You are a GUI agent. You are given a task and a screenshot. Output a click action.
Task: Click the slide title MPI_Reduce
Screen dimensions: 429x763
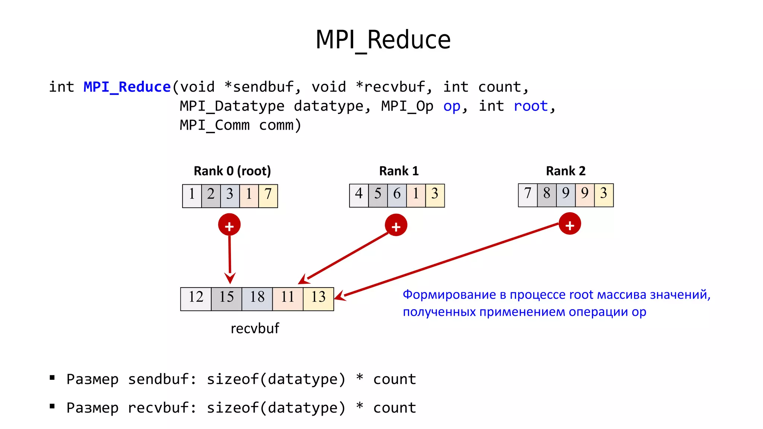pyautogui.click(x=383, y=40)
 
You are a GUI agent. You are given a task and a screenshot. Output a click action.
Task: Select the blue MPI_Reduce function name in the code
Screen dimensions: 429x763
pyautogui.click(x=127, y=87)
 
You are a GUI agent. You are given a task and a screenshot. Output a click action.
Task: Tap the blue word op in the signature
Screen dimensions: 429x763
pyautogui.click(x=452, y=107)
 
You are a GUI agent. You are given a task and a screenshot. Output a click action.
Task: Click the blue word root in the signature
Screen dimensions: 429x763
pyautogui.click(x=531, y=107)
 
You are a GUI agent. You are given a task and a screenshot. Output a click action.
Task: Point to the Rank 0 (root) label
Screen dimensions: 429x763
pyautogui.click(x=232, y=171)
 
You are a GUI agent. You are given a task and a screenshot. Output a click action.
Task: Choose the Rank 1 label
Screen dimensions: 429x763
pyautogui.click(x=399, y=171)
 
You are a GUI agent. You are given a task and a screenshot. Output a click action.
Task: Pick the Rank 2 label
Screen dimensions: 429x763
pyautogui.click(x=566, y=171)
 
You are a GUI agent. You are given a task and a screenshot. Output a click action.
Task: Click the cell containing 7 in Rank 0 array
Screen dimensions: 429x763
pyautogui.click(x=268, y=196)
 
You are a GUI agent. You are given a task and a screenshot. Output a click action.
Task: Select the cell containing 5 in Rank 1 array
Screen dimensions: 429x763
pyautogui.click(x=378, y=195)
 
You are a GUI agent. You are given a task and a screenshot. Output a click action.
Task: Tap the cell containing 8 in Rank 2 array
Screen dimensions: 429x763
pyautogui.click(x=547, y=195)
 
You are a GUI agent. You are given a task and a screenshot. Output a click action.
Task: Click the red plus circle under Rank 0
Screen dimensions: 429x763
pyautogui.click(x=229, y=225)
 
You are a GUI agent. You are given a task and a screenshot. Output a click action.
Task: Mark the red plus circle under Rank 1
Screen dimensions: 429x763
pyautogui.click(x=396, y=225)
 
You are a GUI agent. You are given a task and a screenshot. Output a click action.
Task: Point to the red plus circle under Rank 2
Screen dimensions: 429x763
pyautogui.click(x=570, y=224)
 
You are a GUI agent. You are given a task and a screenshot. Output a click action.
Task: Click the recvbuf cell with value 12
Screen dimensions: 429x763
pyautogui.click(x=196, y=299)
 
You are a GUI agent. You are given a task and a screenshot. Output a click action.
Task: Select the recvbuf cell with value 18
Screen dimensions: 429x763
pyautogui.click(x=257, y=299)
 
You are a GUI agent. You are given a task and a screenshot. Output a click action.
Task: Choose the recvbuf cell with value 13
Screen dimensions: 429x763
pyautogui.click(x=319, y=299)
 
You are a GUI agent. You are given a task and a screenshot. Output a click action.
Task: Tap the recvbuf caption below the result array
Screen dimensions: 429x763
pyautogui.click(x=255, y=328)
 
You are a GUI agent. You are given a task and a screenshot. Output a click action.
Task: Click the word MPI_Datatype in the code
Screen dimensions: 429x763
pyautogui.click(x=232, y=107)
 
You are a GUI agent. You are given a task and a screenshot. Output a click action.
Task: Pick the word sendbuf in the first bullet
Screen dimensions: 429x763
pyautogui.click(x=158, y=379)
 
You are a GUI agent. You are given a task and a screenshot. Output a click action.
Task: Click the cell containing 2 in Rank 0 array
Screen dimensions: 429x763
pyautogui.click(x=211, y=196)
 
